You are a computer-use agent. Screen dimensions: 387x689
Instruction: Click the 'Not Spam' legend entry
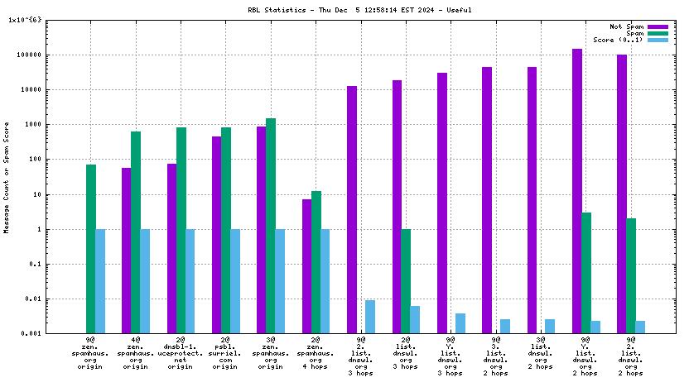(x=626, y=26)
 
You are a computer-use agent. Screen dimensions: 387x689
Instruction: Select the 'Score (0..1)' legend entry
(x=617, y=40)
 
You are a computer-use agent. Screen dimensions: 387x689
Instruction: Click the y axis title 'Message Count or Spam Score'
(x=7, y=178)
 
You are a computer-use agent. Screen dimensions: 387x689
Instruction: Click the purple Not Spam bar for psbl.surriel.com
(x=217, y=235)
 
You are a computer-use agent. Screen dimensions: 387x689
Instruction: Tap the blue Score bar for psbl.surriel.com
(x=235, y=281)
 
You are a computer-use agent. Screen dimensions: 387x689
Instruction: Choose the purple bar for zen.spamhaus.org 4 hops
(x=306, y=266)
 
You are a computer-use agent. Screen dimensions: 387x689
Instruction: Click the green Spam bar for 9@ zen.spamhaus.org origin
(x=91, y=249)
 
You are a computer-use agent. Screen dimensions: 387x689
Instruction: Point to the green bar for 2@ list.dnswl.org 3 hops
(x=406, y=281)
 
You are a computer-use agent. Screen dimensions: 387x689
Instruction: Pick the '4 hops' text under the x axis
(x=316, y=366)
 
